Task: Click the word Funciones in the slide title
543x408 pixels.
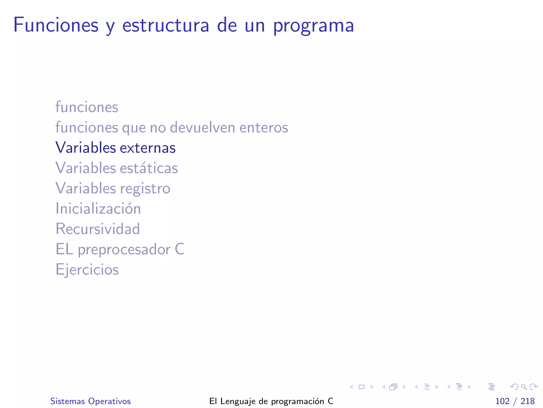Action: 56,25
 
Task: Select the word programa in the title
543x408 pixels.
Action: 313,26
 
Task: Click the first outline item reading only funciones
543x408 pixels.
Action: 87,107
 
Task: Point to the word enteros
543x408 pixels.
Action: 264,128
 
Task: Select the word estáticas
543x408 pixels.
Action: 149,168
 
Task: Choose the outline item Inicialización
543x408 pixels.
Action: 98,209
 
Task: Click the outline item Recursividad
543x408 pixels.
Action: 98,229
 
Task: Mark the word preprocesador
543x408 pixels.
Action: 124,250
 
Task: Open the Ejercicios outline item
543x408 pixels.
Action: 87,270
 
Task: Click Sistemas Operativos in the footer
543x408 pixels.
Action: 90,401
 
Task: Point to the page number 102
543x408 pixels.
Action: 502,401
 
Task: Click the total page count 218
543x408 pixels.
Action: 527,401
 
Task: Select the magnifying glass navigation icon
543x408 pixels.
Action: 524,387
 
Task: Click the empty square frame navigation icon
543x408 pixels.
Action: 361,387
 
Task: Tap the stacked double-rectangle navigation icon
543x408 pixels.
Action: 393,387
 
